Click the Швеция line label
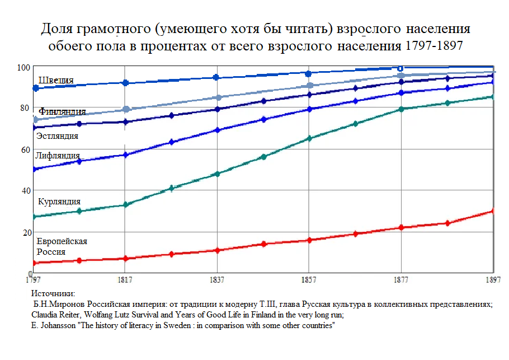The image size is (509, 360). (x=56, y=80)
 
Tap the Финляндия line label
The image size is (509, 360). (x=62, y=111)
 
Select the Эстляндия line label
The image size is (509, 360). (x=57, y=135)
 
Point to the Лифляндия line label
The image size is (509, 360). (x=58, y=156)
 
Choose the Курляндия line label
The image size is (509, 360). (x=59, y=202)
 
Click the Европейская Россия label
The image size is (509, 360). (x=62, y=246)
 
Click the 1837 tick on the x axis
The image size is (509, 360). (x=217, y=279)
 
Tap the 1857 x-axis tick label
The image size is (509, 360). (x=309, y=279)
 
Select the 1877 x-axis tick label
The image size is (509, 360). (x=400, y=279)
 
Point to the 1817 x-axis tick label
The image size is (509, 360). (x=125, y=279)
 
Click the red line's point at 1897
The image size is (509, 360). (x=493, y=211)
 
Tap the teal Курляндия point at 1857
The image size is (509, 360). (x=309, y=138)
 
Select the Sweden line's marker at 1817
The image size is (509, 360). (x=125, y=83)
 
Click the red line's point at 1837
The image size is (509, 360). (x=217, y=250)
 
